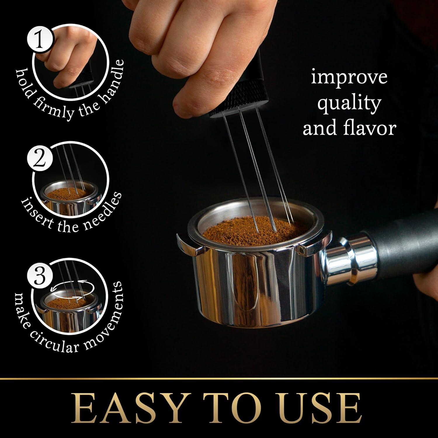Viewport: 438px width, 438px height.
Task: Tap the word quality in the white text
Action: pos(349,103)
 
